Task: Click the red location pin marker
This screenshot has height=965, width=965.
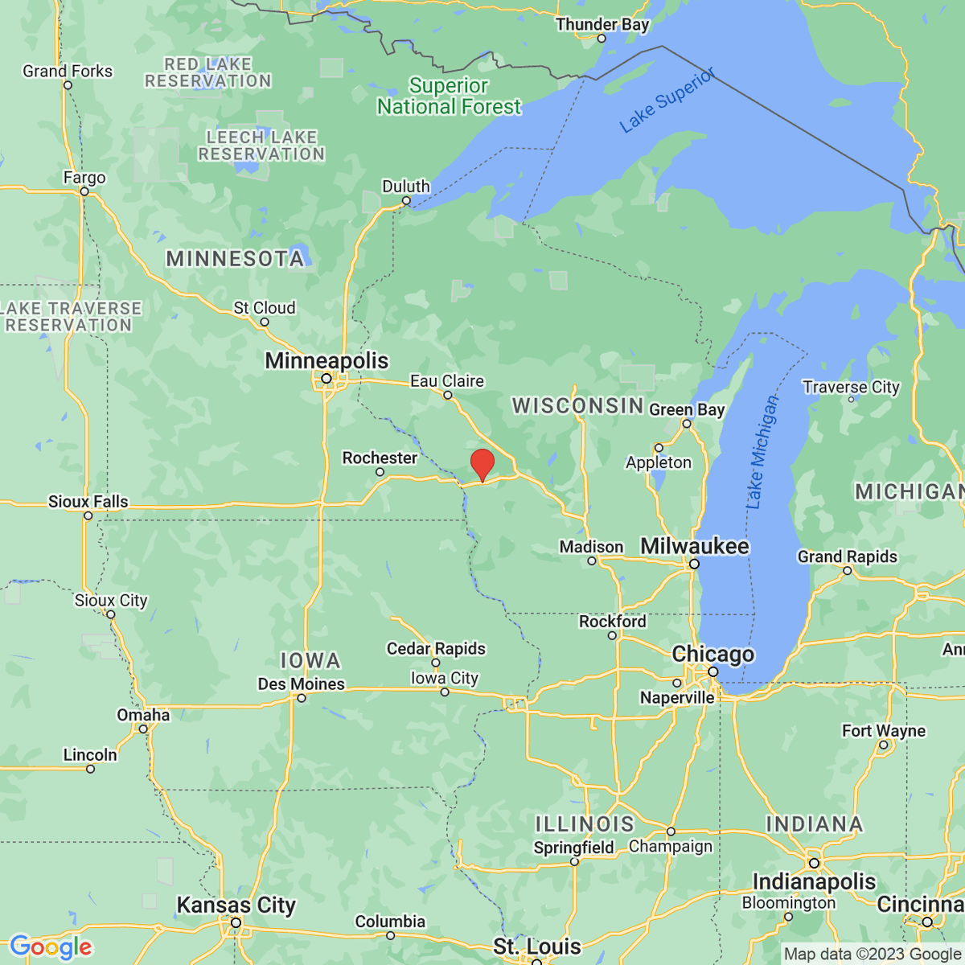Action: (x=482, y=465)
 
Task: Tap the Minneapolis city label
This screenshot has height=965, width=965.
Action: (x=326, y=361)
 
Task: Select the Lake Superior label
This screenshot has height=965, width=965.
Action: (x=667, y=101)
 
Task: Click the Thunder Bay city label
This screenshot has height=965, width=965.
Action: (x=602, y=25)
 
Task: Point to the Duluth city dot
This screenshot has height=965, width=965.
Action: (x=406, y=201)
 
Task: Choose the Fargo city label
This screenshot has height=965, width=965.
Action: (x=84, y=178)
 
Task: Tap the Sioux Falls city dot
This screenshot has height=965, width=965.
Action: (x=88, y=515)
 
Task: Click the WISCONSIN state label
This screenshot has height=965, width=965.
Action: (x=578, y=405)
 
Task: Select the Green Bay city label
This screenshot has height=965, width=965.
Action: (x=687, y=410)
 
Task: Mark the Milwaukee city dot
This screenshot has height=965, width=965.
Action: (x=694, y=564)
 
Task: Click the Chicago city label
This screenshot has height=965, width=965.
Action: (x=713, y=655)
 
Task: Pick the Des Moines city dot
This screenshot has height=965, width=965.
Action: (x=302, y=698)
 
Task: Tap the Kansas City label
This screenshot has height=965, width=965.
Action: (x=236, y=905)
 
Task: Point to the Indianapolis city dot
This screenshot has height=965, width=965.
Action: (x=814, y=863)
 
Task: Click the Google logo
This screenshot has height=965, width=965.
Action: (x=51, y=947)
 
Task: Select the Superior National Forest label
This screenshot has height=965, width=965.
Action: (x=449, y=96)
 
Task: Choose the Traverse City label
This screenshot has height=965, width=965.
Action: (x=851, y=388)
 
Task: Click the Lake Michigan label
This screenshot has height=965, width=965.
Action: (x=762, y=453)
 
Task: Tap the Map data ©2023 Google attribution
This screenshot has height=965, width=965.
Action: (x=872, y=955)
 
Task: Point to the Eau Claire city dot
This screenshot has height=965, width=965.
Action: (x=448, y=395)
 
